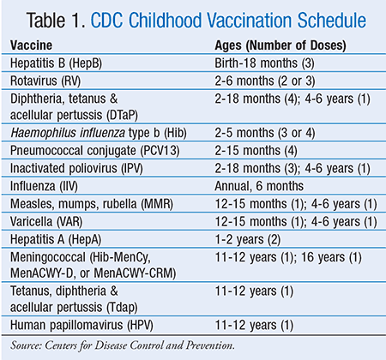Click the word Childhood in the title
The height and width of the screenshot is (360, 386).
(166, 21)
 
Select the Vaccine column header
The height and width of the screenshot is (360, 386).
(31, 45)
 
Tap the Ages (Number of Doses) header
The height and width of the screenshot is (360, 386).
(280, 45)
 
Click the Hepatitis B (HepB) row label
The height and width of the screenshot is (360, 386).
(56, 63)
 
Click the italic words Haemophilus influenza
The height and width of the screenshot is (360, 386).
(68, 133)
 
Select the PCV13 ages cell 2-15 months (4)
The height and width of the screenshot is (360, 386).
(256, 151)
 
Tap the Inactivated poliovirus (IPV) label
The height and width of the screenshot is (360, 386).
(76, 168)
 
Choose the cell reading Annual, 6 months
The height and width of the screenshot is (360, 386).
(259, 186)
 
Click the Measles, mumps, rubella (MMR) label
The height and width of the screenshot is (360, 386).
(92, 204)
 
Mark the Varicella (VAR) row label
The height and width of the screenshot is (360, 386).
(46, 222)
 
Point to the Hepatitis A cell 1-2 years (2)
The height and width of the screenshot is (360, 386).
(248, 239)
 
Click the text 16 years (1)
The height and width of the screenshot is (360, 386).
(331, 257)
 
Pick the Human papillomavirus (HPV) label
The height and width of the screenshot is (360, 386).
(81, 325)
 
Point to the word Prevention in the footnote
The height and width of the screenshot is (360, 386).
(210, 345)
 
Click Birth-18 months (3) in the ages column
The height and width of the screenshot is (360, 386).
(264, 63)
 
